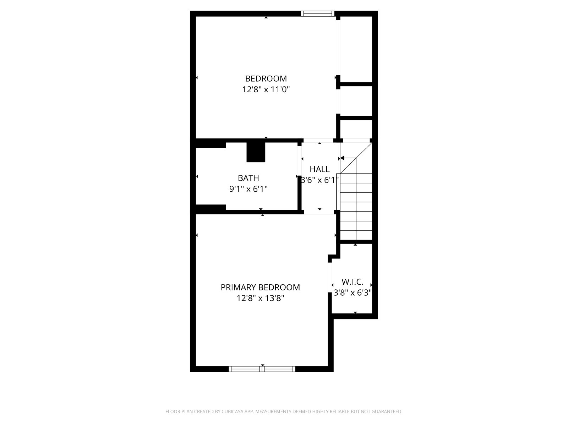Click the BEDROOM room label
point(266,78)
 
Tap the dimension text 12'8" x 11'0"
point(266,89)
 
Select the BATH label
point(248,178)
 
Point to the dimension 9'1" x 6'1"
point(248,189)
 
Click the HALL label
point(319,169)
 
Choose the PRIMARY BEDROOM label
point(260,287)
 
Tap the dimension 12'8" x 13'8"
point(260,298)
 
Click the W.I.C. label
point(353,282)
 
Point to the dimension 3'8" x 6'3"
point(353,293)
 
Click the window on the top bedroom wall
point(318,13)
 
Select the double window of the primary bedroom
point(262,369)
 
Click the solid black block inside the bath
point(256,152)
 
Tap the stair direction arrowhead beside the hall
point(342,158)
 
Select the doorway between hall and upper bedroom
point(318,141)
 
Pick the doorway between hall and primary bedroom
point(319,212)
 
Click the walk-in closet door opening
point(330,277)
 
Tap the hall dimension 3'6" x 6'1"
point(319,180)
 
